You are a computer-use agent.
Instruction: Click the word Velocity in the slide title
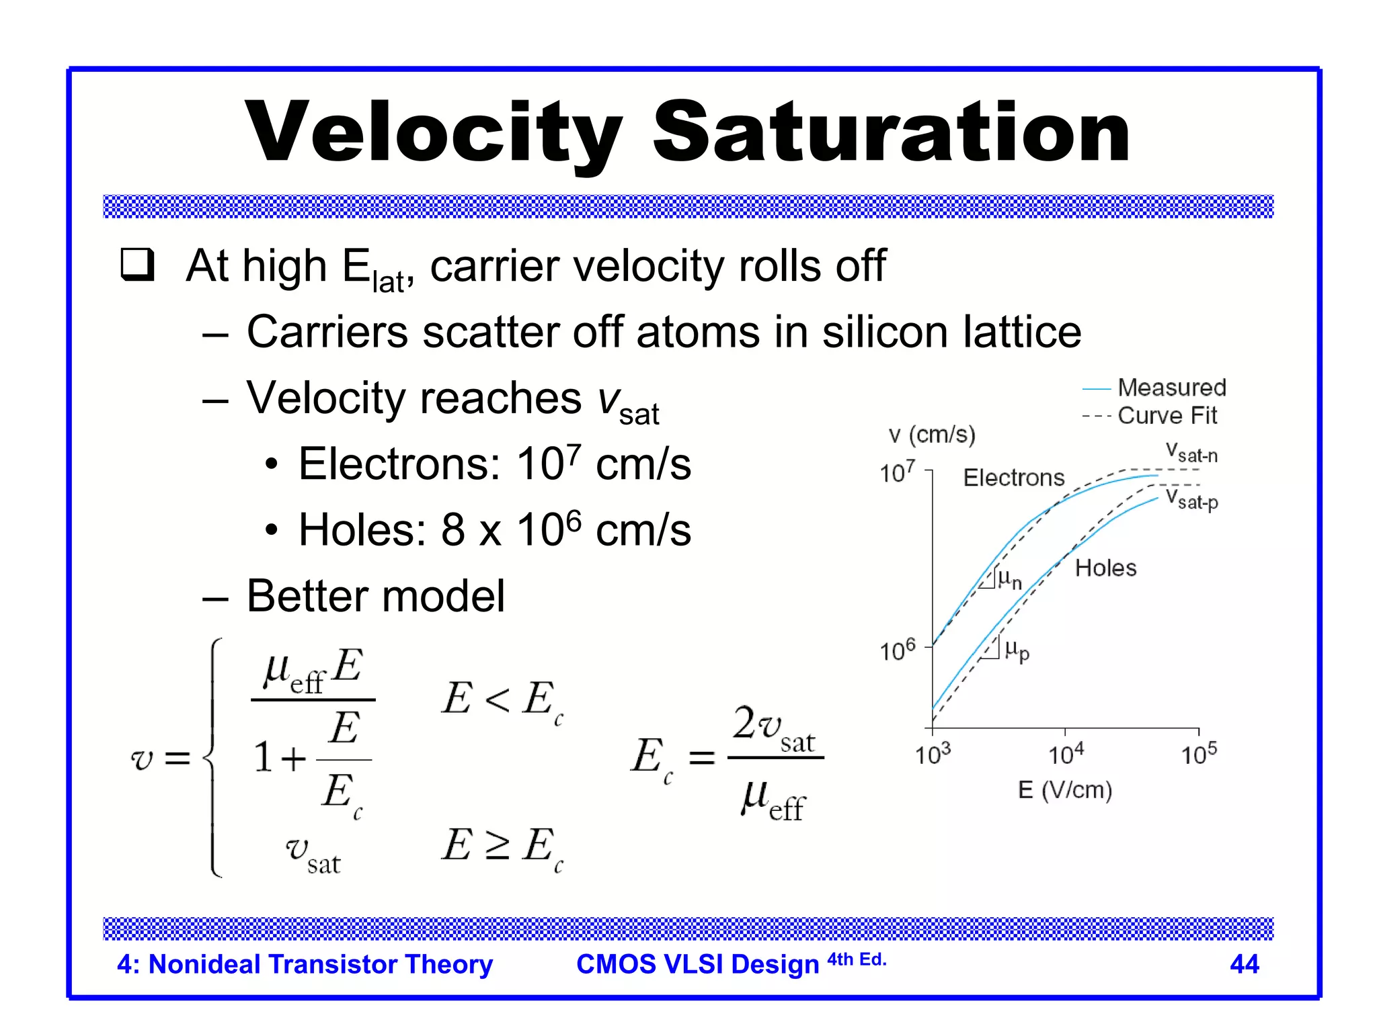(434, 132)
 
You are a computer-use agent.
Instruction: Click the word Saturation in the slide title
(891, 132)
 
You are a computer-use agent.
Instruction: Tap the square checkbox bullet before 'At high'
(138, 265)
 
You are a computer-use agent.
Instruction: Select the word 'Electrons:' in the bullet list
(399, 464)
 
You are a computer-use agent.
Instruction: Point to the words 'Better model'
(375, 596)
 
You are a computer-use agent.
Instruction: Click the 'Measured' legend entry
(1171, 388)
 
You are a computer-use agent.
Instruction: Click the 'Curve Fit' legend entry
(1167, 416)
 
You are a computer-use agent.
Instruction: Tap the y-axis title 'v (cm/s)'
(931, 435)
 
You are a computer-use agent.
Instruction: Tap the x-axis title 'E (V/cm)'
(1064, 790)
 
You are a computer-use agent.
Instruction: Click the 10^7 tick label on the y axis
(898, 472)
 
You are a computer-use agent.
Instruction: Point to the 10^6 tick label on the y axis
(898, 650)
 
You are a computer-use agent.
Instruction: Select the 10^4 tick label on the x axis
(1066, 755)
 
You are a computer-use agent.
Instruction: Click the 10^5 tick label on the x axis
(1199, 755)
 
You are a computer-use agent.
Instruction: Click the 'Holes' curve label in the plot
(1105, 568)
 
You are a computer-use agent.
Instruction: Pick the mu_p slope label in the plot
(1017, 650)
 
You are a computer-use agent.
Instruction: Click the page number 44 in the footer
(1244, 964)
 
